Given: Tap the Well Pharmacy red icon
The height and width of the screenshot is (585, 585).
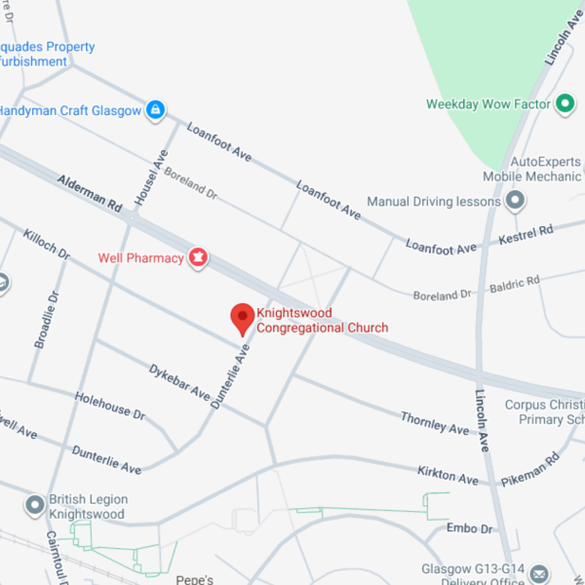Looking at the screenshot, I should coord(198,257).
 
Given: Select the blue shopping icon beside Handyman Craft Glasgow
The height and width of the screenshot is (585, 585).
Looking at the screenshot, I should coord(155,110).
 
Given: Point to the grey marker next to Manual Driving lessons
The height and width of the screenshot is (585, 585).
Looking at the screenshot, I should coord(516,202).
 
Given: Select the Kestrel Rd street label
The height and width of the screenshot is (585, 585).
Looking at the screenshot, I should coord(526,234).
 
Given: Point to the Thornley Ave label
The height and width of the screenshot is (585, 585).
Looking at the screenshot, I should coord(435,422).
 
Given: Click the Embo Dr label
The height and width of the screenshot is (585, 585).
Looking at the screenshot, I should coord(469,528).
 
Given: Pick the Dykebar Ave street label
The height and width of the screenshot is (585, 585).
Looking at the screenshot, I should coord(179,383).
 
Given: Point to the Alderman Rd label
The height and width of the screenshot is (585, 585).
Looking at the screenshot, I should coord(89,194).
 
